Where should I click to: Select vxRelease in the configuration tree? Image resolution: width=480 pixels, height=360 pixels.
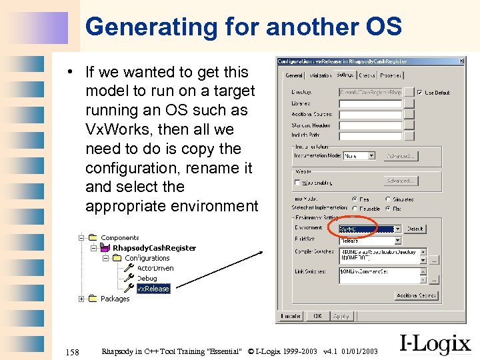(x=153, y=289)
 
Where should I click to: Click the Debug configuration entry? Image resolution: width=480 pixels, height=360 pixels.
(x=147, y=279)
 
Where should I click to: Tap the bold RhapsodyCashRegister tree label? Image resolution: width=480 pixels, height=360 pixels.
(x=154, y=248)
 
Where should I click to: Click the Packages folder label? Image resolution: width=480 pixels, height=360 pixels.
(x=115, y=299)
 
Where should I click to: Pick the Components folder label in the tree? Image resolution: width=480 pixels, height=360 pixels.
(x=119, y=238)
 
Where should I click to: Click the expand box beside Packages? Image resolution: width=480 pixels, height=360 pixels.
(x=81, y=299)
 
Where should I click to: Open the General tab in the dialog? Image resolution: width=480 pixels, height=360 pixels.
(x=294, y=75)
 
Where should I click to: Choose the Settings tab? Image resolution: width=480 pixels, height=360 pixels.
(x=346, y=75)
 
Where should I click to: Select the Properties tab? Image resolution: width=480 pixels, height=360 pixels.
(x=390, y=75)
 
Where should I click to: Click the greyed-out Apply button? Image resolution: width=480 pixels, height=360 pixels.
(x=341, y=316)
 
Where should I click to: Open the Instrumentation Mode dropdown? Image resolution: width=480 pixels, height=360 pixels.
(x=370, y=156)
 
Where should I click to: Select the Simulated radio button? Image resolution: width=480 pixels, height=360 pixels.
(x=388, y=199)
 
